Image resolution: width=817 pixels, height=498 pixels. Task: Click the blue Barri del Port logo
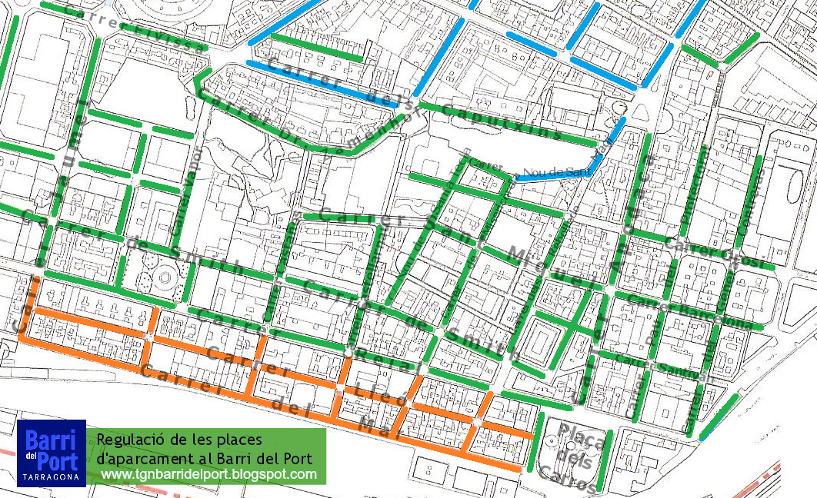point(51,453)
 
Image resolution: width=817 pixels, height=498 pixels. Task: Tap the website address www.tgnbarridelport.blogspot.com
point(208,474)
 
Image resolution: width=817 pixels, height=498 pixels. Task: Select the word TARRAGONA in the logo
point(51,477)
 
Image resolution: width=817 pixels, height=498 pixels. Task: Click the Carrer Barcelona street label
point(690,311)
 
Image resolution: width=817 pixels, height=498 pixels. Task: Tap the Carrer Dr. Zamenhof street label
point(308,124)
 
